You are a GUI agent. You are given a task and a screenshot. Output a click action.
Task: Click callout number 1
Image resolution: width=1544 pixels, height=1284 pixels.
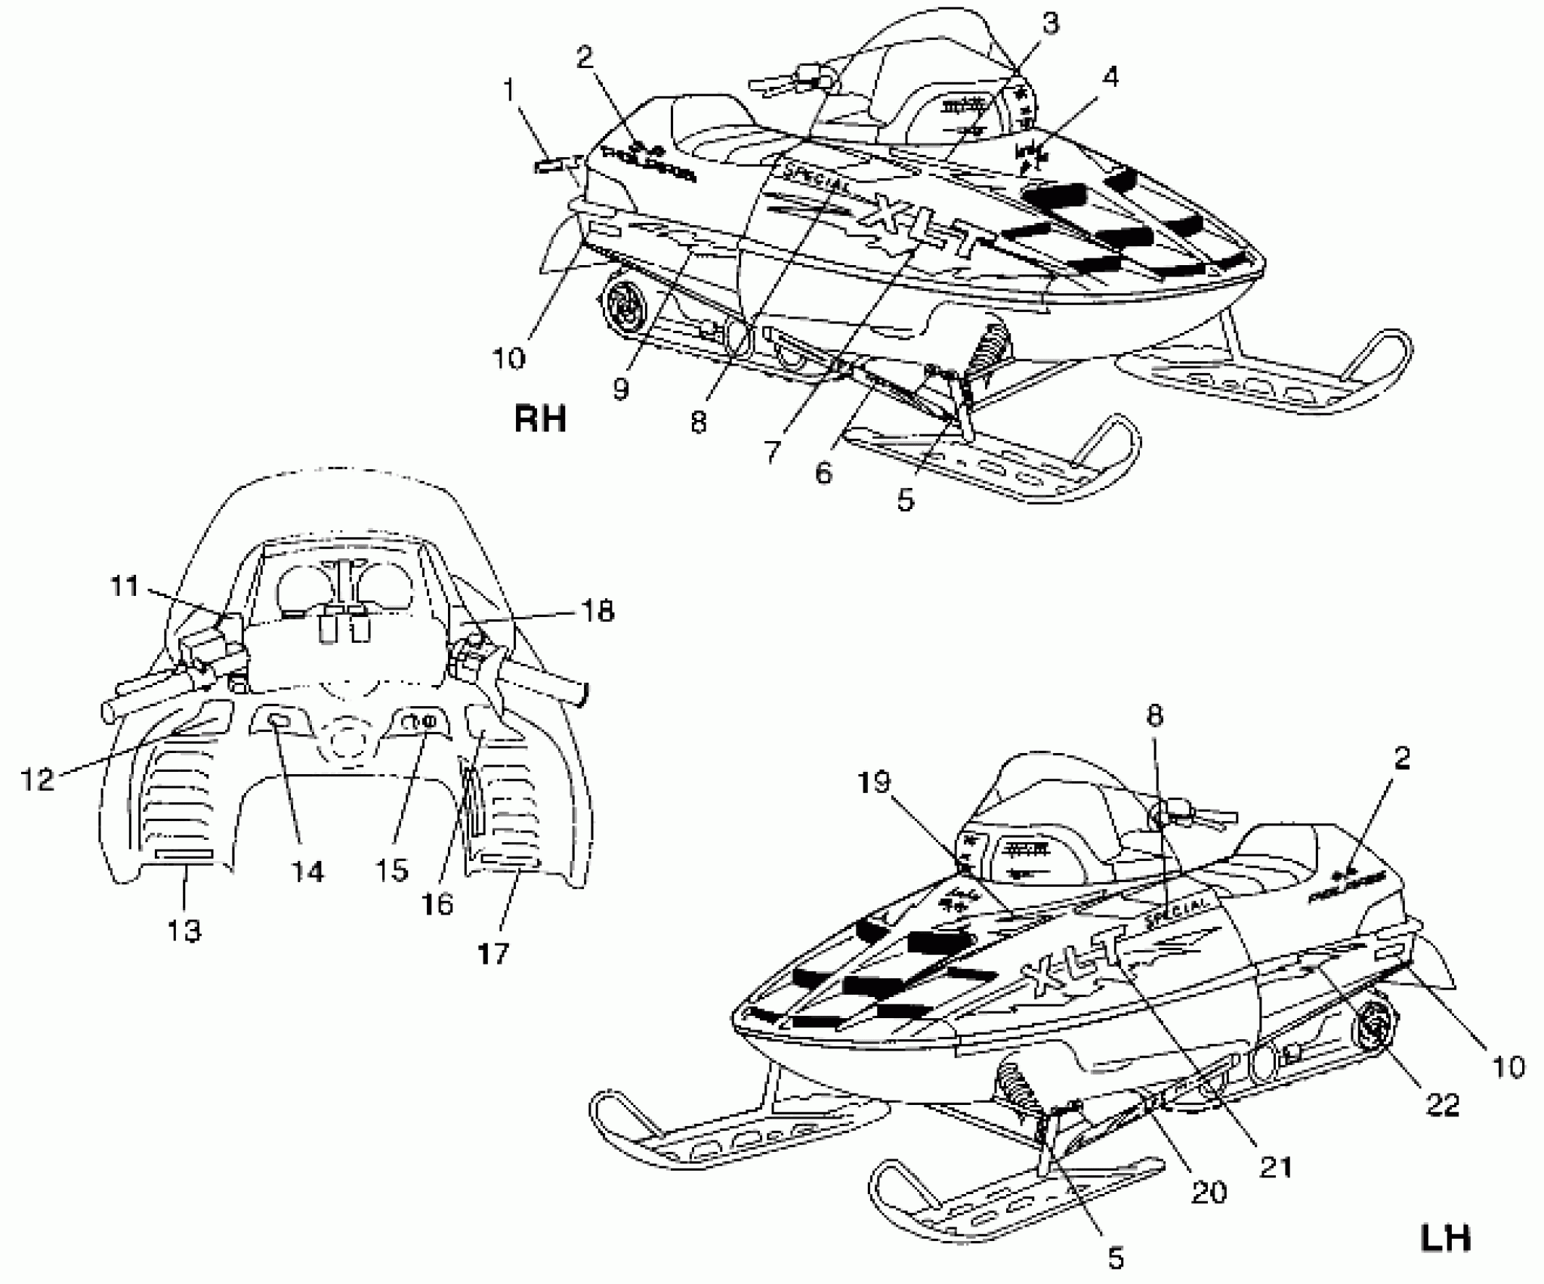[509, 91]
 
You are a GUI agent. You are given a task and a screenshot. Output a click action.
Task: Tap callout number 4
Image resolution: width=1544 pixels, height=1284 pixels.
[1110, 77]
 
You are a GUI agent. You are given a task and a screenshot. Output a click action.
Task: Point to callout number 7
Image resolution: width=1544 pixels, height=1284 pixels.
[771, 452]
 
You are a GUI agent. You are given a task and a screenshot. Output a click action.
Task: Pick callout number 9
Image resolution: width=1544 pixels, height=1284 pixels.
[621, 389]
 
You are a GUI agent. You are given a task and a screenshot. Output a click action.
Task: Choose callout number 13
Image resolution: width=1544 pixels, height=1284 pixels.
[184, 931]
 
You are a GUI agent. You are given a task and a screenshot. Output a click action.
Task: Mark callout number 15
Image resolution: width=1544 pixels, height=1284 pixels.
[393, 870]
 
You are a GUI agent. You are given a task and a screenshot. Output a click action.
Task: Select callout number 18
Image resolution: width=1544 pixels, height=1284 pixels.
[598, 610]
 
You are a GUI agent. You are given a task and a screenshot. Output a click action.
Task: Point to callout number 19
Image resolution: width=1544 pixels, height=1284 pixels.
[875, 782]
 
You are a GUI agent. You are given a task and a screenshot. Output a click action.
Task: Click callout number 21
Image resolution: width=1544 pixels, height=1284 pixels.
[1276, 1167]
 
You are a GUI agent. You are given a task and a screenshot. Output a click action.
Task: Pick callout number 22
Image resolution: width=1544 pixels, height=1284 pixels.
[1441, 1106]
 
